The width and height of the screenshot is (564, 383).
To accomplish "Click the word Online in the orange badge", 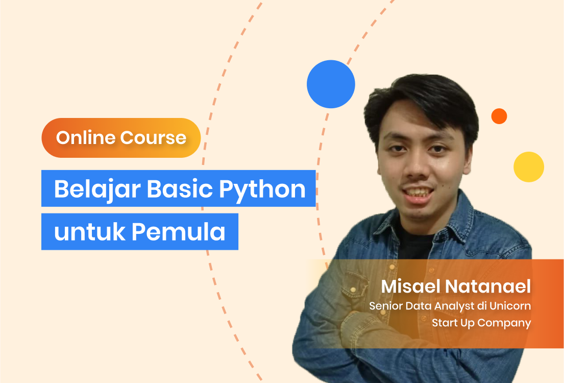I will (x=86, y=138).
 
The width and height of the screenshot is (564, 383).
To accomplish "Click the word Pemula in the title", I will (x=179, y=232).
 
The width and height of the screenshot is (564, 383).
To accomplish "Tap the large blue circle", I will (x=331, y=84).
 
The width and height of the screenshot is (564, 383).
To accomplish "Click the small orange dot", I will (x=499, y=116).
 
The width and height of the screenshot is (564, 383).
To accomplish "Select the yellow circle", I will (x=528, y=167).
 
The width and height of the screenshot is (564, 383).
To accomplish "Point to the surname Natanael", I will (x=488, y=286).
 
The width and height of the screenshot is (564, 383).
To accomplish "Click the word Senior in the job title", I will (x=385, y=306).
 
